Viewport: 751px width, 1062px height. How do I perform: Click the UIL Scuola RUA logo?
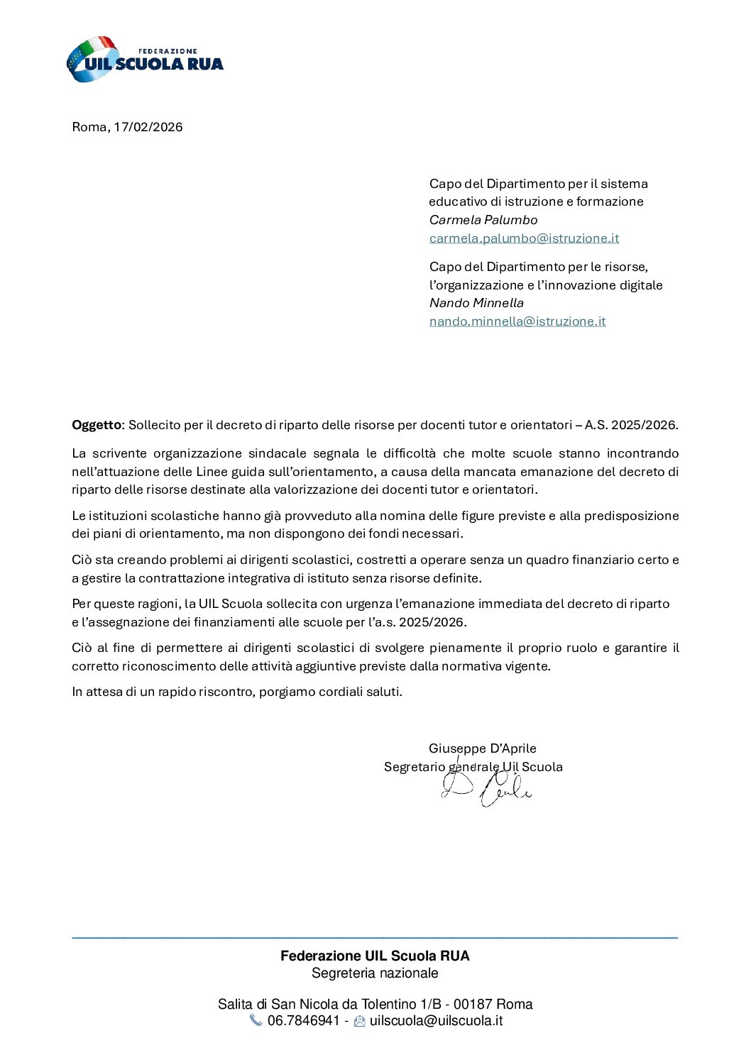coord(145,60)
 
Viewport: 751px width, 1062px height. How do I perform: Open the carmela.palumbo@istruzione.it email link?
coord(524,238)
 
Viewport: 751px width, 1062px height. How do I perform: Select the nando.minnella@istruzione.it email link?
coord(517,321)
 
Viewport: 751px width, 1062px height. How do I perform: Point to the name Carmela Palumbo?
coord(483,220)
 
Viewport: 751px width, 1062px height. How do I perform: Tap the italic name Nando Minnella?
coord(476,303)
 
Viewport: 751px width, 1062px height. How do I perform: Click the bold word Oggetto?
coord(97,425)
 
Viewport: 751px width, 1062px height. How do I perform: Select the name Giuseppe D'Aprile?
coord(483,748)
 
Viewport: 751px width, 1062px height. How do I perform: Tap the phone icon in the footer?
coord(256,1021)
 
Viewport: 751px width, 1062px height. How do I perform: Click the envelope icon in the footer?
coord(360,1022)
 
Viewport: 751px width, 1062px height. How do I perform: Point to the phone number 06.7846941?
coord(304,1021)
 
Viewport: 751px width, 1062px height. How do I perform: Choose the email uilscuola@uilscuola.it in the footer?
coord(436,1021)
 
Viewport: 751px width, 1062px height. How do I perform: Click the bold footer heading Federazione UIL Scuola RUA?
coord(375,956)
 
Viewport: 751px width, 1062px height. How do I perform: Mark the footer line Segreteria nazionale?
coord(375,973)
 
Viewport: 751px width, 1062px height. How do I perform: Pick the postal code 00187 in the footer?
coord(473,1004)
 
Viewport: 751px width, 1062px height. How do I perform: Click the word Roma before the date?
coord(89,127)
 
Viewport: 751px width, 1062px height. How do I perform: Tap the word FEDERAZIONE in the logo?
coord(168,51)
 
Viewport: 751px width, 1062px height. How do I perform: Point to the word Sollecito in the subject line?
coord(155,425)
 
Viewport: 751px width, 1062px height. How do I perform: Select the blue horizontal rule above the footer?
coord(375,938)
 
